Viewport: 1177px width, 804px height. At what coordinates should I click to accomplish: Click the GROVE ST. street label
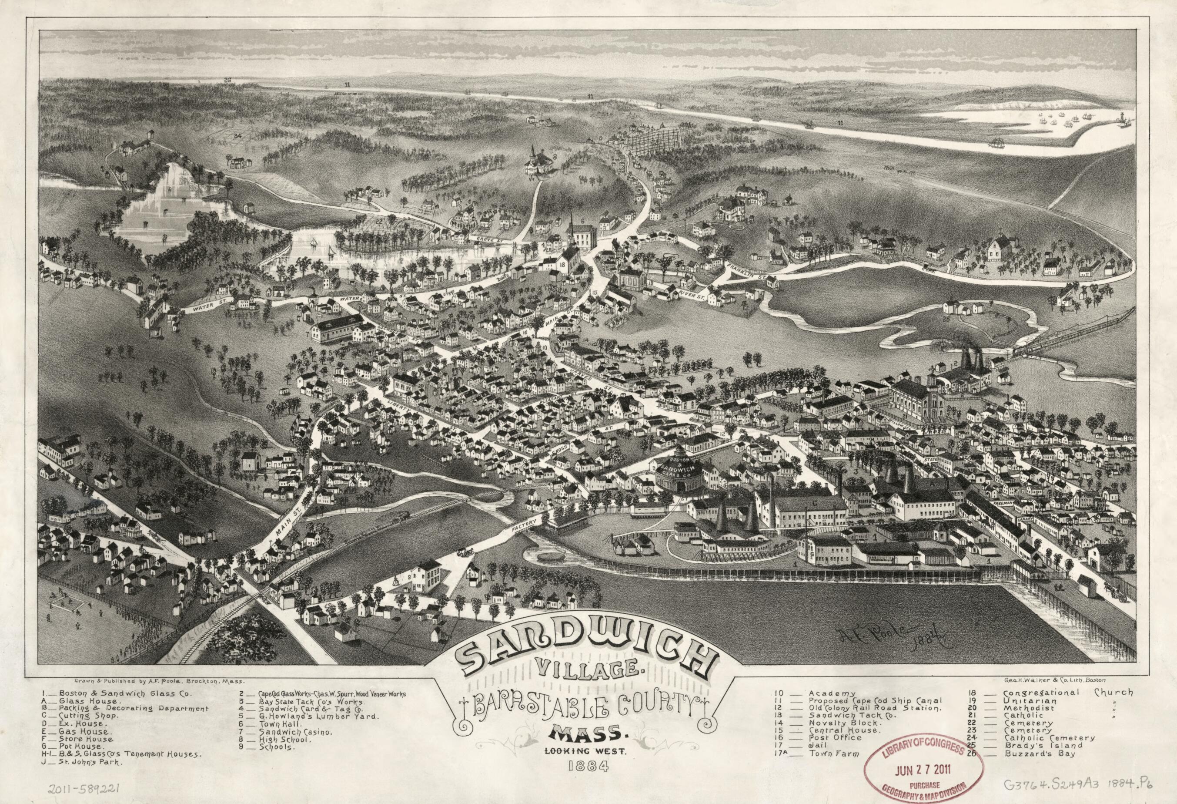pyautogui.click(x=481, y=239)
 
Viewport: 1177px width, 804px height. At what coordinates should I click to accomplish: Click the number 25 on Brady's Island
pyautogui.click(x=946, y=320)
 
